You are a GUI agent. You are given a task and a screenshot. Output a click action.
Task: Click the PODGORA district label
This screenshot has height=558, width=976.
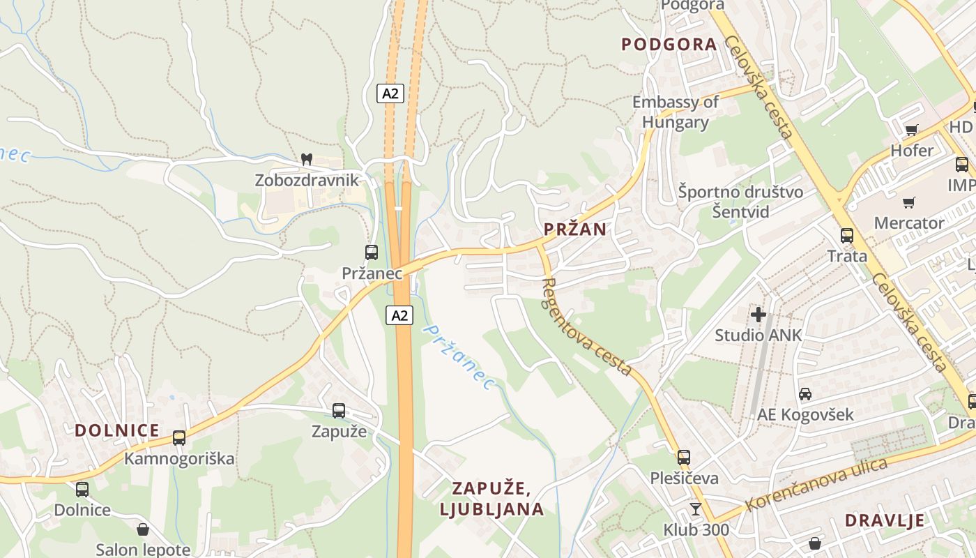point(669,45)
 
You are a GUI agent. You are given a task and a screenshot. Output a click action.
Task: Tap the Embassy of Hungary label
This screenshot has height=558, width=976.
point(675,112)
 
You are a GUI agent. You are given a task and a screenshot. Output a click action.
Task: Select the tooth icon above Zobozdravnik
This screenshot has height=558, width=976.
point(305,159)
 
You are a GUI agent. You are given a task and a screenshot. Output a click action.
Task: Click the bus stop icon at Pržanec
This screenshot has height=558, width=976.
point(372,252)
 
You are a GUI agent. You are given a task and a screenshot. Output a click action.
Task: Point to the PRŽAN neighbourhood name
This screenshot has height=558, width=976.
point(574,229)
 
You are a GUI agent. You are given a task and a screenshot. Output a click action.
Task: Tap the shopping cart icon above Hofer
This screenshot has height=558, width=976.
point(911,130)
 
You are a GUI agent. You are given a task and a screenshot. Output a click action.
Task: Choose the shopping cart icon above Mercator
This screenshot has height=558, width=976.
point(908,203)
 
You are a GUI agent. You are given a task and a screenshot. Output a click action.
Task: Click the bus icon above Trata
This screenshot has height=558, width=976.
point(847,236)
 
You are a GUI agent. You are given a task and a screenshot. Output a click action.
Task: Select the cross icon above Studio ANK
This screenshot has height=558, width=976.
point(758,315)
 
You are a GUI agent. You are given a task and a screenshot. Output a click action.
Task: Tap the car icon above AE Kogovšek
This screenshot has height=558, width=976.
point(805,394)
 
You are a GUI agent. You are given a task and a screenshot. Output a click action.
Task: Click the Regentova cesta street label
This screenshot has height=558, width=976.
point(587,326)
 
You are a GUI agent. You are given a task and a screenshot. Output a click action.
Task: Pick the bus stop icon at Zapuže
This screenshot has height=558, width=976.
point(339,411)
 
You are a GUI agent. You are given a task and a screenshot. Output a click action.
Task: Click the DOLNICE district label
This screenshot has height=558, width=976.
point(117,430)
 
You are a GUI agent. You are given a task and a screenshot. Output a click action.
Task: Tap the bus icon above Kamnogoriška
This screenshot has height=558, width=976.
point(179,438)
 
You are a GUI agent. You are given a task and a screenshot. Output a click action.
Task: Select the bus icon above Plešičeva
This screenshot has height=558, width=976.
point(684,458)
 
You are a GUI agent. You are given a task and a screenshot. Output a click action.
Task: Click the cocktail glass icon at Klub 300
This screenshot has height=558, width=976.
point(696,509)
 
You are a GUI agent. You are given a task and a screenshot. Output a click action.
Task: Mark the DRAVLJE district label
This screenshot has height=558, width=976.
point(885,520)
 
